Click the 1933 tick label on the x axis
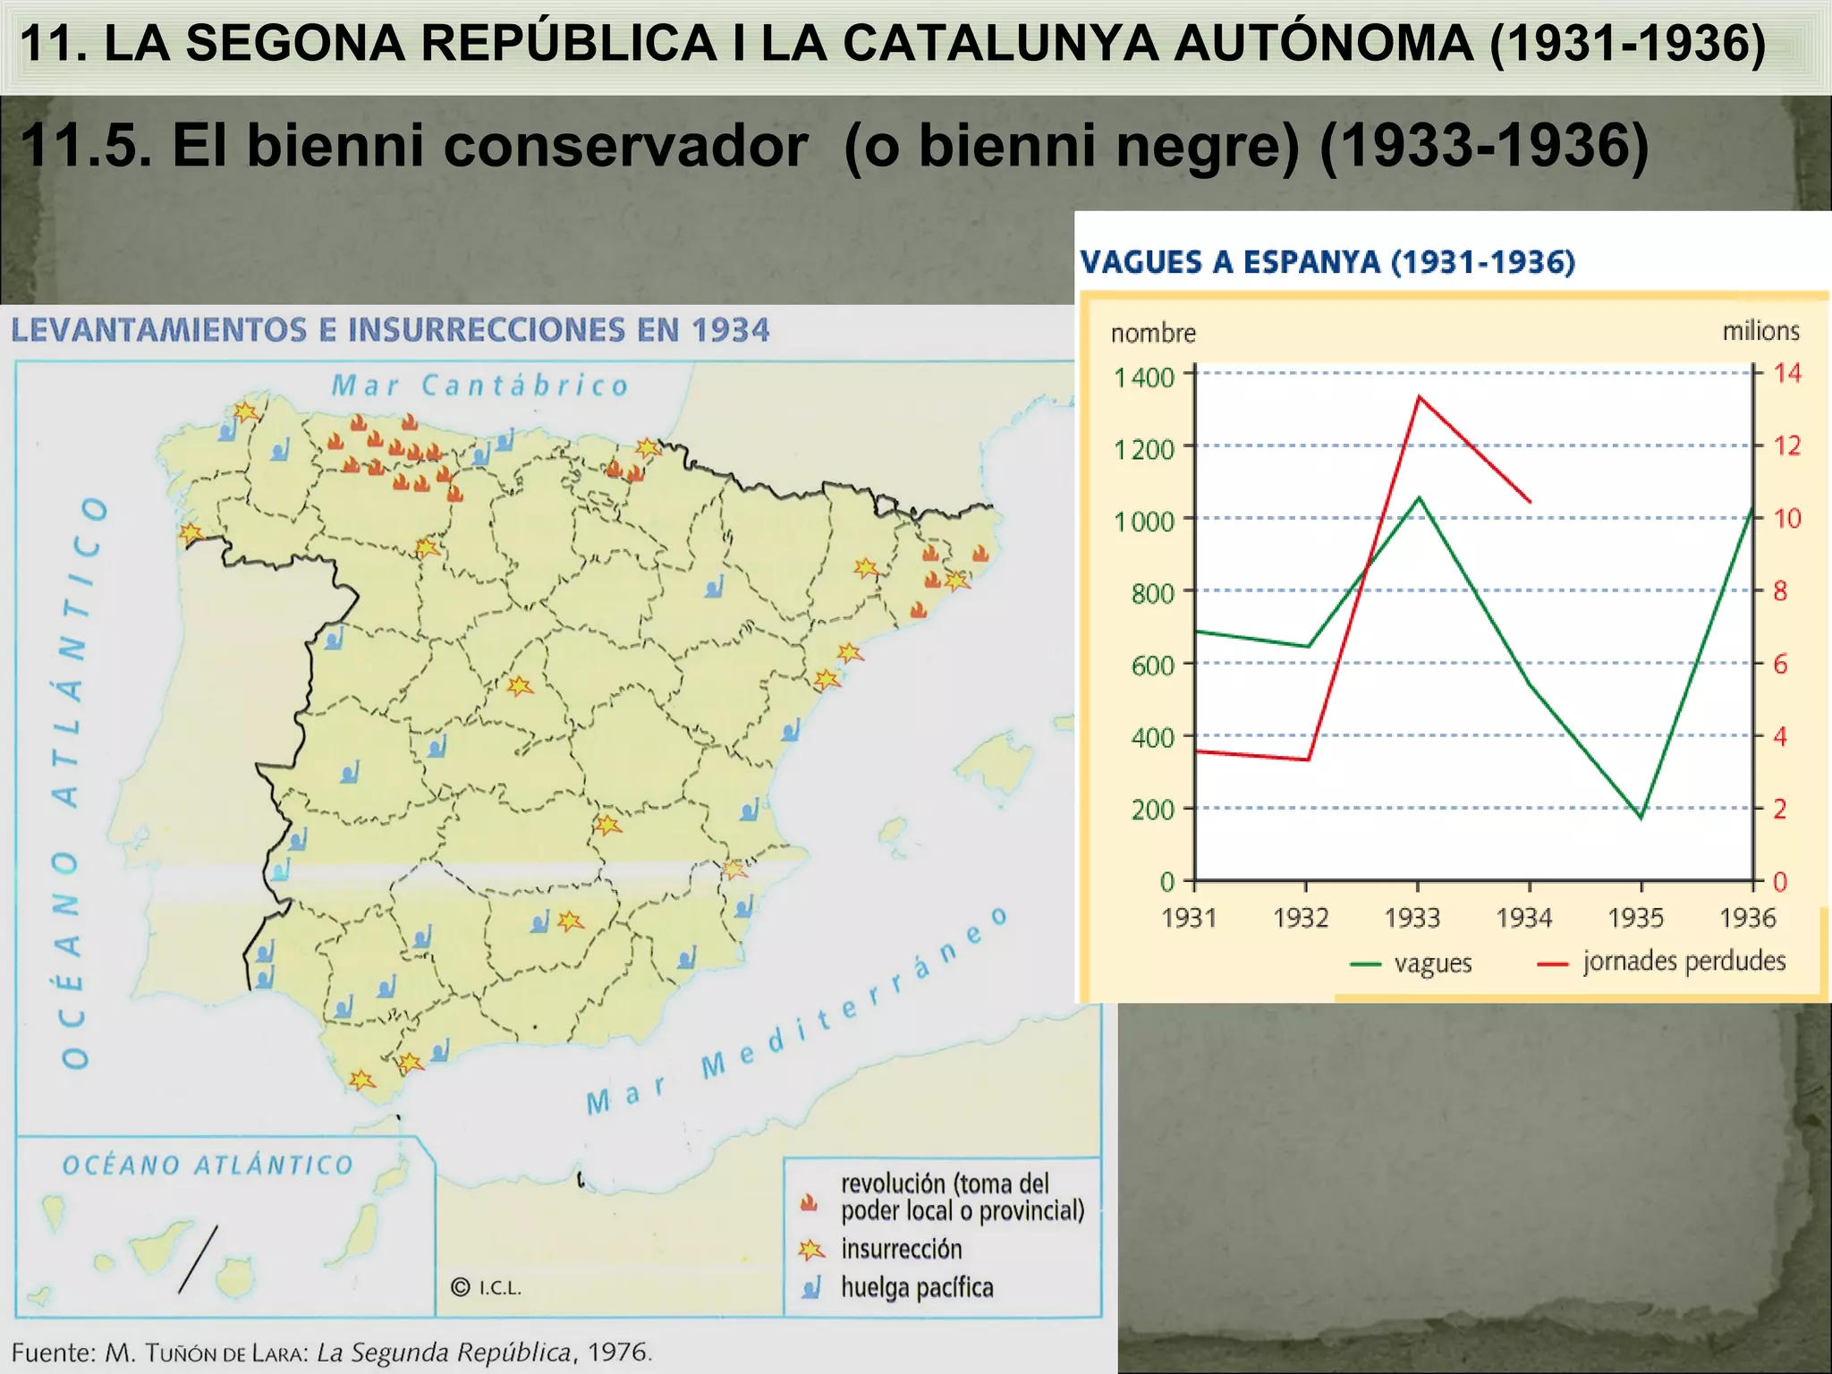(x=1412, y=918)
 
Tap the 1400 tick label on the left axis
(x=1143, y=377)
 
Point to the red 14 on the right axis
(x=1787, y=373)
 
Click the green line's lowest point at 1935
(x=1641, y=818)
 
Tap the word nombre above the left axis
(x=1153, y=334)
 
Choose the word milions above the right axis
(x=1760, y=331)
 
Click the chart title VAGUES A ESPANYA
(x=1327, y=262)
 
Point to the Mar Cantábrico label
(x=480, y=386)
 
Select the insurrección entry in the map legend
(x=901, y=1249)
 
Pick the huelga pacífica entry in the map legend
(x=916, y=1287)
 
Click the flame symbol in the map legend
(x=810, y=1201)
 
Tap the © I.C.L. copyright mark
(x=486, y=1287)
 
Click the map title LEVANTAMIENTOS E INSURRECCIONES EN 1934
(x=390, y=330)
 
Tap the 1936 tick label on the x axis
(x=1747, y=918)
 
